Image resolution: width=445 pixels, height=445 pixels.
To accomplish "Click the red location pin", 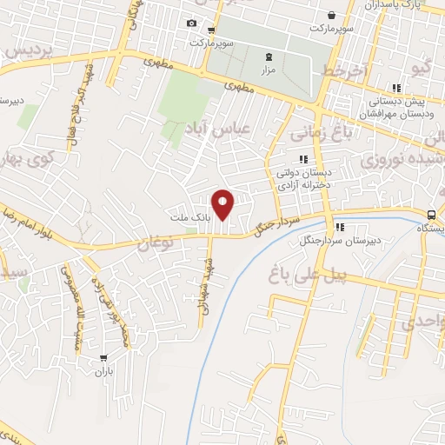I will (224, 204).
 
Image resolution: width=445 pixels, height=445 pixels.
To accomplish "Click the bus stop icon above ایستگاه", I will (432, 215).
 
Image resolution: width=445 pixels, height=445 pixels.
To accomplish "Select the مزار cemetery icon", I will (268, 57).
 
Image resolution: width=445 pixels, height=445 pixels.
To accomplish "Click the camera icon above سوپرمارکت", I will (191, 23).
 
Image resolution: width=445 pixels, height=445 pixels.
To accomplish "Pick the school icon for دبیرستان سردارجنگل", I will (339, 228).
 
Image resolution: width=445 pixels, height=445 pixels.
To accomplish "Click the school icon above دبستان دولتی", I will (303, 159).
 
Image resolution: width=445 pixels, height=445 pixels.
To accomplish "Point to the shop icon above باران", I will (104, 357).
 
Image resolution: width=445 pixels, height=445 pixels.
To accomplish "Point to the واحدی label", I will (422, 324).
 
